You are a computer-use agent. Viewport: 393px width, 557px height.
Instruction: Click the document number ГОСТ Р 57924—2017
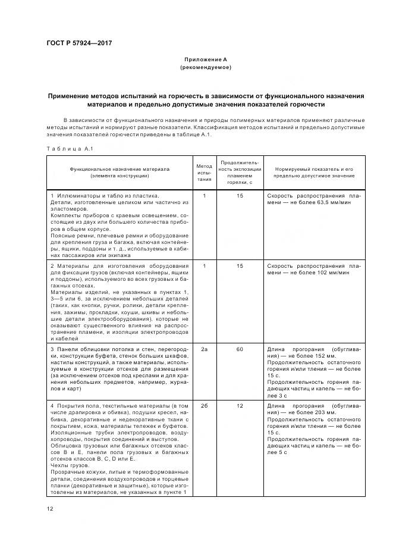78,43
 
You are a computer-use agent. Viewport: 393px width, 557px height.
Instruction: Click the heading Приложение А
205,60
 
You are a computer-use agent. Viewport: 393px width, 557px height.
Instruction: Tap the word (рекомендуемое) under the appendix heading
205,67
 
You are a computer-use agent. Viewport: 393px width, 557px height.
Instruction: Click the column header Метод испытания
204,172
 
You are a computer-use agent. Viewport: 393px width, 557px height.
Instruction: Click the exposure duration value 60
240,349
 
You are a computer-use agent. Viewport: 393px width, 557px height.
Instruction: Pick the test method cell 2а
204,349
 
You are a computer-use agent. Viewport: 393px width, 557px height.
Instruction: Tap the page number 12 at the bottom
50,509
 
